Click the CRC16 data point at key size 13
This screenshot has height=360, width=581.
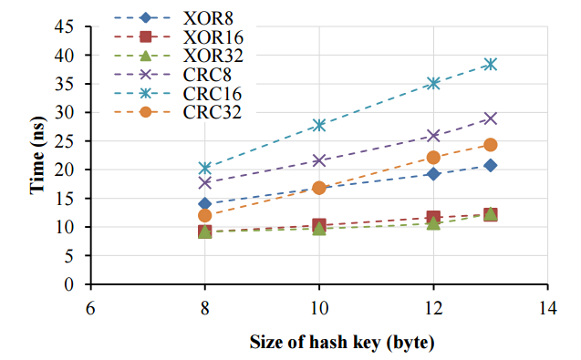(490, 64)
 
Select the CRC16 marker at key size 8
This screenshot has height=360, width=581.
(205, 168)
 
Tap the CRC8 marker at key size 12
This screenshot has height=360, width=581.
(433, 136)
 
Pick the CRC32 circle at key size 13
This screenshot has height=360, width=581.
(490, 145)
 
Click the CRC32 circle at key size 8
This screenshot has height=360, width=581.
(205, 216)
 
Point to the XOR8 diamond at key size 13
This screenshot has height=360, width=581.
(490, 165)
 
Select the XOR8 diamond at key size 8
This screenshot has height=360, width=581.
(205, 203)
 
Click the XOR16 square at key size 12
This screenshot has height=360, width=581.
(433, 217)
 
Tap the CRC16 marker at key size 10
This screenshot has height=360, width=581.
(319, 125)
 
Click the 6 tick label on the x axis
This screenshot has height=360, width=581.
(91, 307)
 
